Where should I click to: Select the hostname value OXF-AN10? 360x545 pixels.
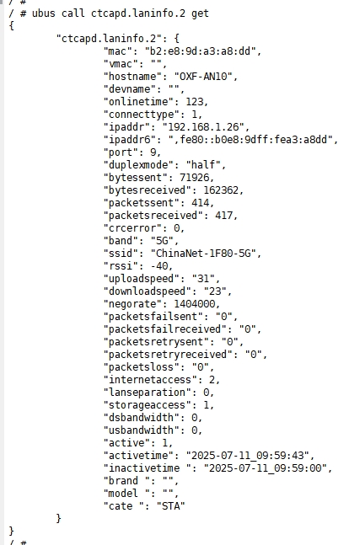[203, 77]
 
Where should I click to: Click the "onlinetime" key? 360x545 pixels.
[138, 102]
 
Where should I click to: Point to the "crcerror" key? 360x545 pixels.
[132, 228]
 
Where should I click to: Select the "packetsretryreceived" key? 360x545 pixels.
[168, 355]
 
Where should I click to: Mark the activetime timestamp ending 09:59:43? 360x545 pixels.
[247, 456]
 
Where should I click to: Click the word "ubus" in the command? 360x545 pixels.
[44, 13]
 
